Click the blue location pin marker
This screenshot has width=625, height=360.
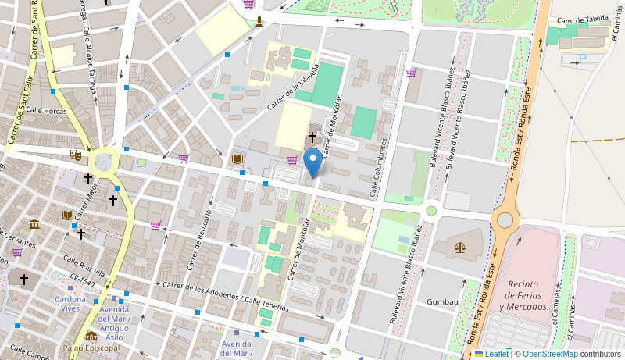[x=313, y=162]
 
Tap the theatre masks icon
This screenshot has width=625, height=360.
[x=76, y=155]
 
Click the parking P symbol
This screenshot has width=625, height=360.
[x=581, y=59]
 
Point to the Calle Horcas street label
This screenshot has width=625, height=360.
[x=45, y=111]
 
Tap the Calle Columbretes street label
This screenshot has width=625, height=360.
[x=379, y=167]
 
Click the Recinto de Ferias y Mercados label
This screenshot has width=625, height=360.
[x=523, y=294]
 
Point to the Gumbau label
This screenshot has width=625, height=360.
[x=442, y=301]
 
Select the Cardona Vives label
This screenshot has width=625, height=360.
[x=70, y=304]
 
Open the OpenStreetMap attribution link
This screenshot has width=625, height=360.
[x=555, y=354]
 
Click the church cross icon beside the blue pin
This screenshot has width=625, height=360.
[x=312, y=137]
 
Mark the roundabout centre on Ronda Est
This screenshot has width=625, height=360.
[x=505, y=220]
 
